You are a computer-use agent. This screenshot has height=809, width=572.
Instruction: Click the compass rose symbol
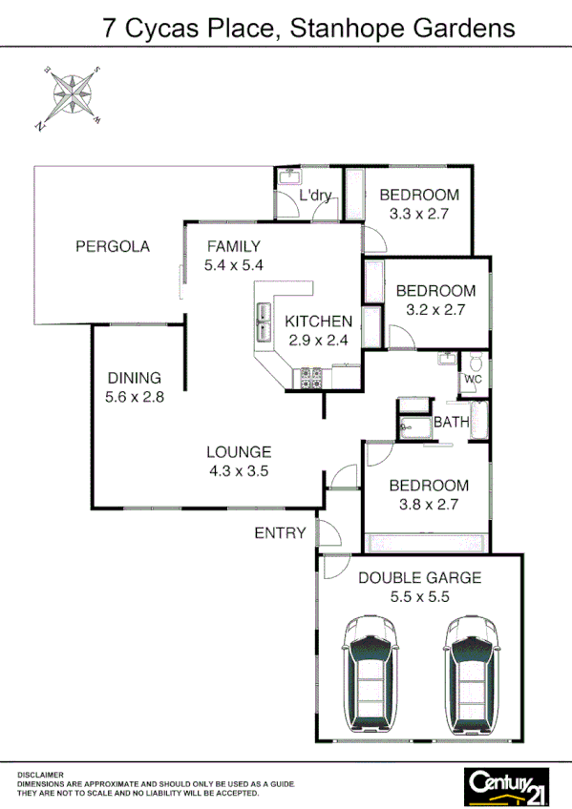click(x=70, y=94)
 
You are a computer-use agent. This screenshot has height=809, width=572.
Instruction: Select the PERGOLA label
click(x=113, y=246)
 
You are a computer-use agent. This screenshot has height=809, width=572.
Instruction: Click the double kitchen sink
click(x=263, y=322)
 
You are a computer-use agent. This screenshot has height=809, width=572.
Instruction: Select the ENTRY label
click(x=280, y=533)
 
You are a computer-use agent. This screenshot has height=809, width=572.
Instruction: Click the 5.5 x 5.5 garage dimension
click(x=419, y=597)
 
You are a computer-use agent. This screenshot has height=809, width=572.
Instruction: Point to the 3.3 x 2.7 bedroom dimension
click(x=418, y=215)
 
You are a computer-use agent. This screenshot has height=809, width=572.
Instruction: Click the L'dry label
click(x=314, y=197)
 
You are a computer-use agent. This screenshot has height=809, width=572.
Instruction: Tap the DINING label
click(x=134, y=378)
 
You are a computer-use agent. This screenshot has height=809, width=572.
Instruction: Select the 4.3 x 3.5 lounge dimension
click(x=240, y=470)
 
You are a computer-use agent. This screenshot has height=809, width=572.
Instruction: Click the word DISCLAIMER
click(x=41, y=774)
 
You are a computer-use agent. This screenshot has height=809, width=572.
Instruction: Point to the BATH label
click(x=450, y=422)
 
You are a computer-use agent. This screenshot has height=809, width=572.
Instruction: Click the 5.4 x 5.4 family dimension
click(x=233, y=265)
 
